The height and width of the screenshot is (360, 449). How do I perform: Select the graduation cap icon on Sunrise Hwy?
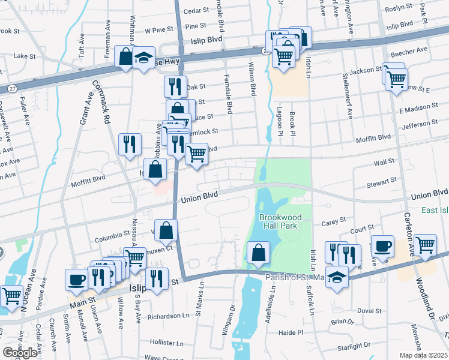pyautogui.click(x=143, y=58)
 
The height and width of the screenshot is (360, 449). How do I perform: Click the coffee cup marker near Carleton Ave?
pyautogui.click(x=382, y=246)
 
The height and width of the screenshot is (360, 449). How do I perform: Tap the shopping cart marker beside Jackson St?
pyautogui.click(x=396, y=79)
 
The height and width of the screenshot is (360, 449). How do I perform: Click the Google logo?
pyautogui.click(x=20, y=353)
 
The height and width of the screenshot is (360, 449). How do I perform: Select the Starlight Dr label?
pyautogui.click(x=353, y=347)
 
